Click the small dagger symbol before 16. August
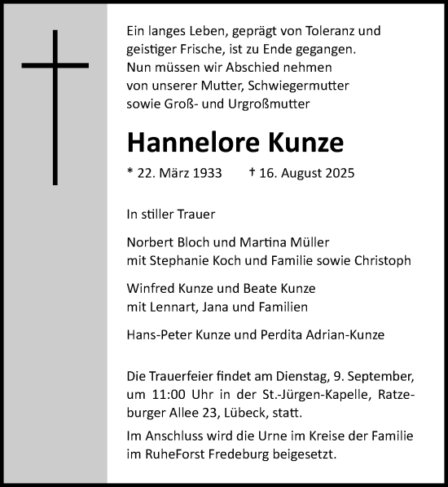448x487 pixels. (x=252, y=173)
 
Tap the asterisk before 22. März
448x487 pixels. (x=130, y=172)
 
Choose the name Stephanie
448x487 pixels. (x=183, y=261)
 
